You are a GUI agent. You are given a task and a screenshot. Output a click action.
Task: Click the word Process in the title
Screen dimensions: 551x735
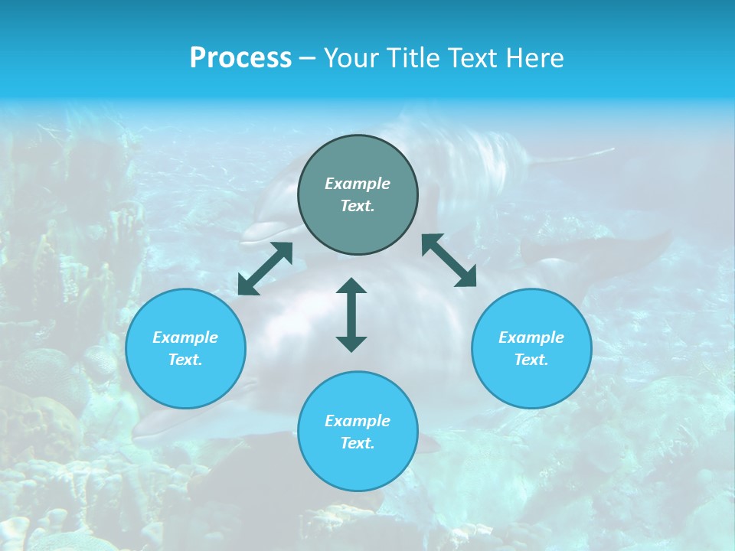(x=240, y=58)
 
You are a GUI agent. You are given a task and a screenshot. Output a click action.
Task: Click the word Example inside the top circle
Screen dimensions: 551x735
(x=358, y=184)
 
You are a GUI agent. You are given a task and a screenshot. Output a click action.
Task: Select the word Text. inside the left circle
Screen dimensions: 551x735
(x=185, y=360)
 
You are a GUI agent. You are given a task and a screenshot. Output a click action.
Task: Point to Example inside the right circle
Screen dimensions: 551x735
(x=531, y=337)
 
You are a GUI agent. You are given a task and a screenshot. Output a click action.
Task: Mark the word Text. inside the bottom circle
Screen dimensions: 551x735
(x=358, y=443)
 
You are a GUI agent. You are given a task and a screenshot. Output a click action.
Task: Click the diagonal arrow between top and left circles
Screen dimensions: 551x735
(x=265, y=269)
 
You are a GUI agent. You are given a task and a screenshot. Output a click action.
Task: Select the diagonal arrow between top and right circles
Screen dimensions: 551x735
(x=449, y=260)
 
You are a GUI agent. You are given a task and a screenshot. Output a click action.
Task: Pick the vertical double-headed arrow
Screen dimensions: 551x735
(x=351, y=315)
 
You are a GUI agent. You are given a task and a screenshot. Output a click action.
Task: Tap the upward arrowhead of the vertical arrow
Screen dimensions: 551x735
(x=351, y=285)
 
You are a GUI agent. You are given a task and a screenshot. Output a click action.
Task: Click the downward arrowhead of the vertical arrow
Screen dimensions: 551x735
(x=351, y=344)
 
